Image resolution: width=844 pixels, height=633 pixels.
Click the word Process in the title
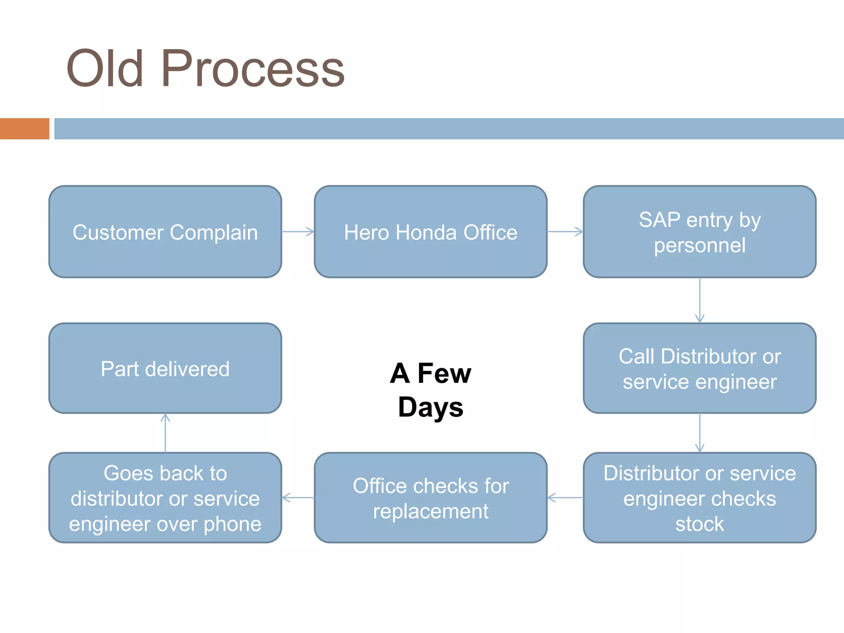(253, 69)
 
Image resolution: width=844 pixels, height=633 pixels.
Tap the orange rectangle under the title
(24, 129)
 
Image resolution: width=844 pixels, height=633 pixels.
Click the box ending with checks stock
(699, 498)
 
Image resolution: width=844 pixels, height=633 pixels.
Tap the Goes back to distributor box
(165, 498)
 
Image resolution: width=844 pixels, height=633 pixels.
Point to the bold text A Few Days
(430, 390)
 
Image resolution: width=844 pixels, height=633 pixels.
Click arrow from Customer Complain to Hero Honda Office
(298, 232)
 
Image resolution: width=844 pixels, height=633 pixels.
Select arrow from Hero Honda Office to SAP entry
(565, 232)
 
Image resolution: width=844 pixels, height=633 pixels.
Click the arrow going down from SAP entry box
(699, 300)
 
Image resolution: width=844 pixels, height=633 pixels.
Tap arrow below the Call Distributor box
(699, 433)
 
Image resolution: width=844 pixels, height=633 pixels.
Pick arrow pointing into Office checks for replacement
(565, 498)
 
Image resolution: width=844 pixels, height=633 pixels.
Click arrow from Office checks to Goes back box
(298, 498)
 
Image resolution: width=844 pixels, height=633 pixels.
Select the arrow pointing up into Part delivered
(165, 433)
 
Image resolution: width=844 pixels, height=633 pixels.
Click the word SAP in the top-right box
(659, 220)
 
